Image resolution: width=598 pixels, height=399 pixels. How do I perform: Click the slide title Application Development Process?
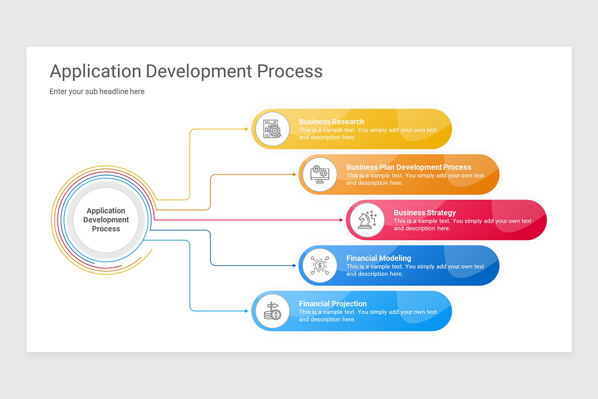coord(186,71)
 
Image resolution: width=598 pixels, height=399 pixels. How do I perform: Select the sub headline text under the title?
coord(97,92)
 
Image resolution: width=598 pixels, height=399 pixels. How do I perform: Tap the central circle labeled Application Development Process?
coord(106,220)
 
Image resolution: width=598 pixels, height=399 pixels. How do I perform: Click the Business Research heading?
coord(331,122)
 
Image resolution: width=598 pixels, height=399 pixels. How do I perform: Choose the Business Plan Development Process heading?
coord(409,167)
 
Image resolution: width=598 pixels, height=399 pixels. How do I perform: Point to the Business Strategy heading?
coord(425,213)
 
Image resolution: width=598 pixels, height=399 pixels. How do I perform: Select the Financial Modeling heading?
coord(379,258)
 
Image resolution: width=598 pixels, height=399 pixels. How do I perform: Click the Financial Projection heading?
coord(333,304)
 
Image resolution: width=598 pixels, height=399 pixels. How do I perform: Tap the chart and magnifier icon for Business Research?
coord(272,129)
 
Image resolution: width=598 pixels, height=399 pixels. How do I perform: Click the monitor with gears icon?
coord(319,175)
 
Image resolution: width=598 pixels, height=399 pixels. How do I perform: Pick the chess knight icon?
coord(367,220)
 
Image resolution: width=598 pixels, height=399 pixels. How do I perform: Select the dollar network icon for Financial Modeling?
coord(319,265)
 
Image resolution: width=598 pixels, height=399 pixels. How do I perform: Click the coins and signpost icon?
coord(272,311)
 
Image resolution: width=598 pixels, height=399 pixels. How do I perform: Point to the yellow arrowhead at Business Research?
coord(246,129)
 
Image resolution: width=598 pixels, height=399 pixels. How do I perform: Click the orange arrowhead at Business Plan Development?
coord(294,175)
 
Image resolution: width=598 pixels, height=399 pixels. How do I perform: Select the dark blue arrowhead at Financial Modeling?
coord(294,265)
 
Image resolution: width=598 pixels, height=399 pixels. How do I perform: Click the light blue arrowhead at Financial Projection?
coord(246,311)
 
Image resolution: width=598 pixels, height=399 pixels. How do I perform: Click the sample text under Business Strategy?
coord(462,225)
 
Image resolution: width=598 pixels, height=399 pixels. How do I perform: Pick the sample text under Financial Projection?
coord(367,316)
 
